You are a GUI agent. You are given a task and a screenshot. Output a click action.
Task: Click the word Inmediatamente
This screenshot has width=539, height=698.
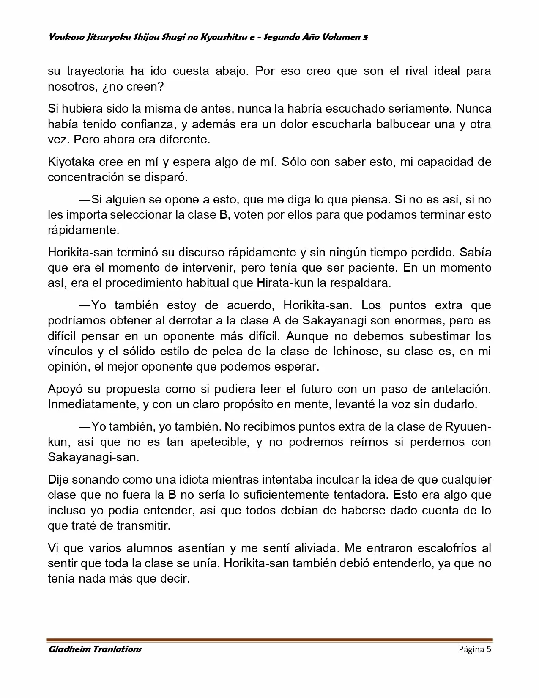point(91,404)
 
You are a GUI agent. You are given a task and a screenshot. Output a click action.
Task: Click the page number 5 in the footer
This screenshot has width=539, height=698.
point(489,649)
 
